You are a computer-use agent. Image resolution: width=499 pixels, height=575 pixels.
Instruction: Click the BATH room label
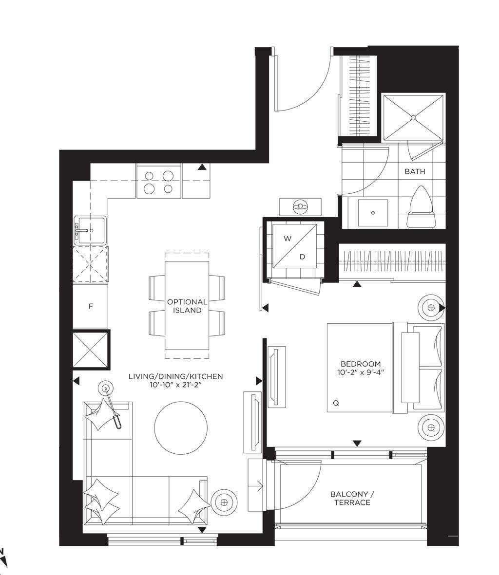coord(415,171)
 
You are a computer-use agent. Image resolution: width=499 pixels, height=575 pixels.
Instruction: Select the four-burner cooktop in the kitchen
coord(159,181)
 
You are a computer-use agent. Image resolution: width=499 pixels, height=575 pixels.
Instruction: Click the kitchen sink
coord(90,230)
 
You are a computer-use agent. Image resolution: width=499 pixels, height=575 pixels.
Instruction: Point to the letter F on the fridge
coord(91,306)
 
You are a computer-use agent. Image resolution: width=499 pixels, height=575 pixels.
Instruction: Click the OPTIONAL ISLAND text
coord(187,306)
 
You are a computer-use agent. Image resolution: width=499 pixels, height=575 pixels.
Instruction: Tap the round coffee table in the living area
coord(181,428)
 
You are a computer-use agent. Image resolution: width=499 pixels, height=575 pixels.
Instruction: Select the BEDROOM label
coord(361,364)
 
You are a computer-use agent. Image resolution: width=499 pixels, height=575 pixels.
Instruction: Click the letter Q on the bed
coord(336,403)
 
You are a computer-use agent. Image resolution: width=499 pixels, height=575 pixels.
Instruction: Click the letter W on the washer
coord(288,239)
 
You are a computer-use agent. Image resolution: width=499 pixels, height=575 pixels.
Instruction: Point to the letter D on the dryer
coord(302,257)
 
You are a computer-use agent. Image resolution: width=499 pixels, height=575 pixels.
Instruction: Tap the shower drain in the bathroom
coord(413,118)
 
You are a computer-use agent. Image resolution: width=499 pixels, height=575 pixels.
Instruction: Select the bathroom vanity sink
coord(373,213)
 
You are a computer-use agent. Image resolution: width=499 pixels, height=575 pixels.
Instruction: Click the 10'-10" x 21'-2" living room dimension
coord(176,384)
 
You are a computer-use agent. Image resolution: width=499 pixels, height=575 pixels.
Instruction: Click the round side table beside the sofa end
coord(224,502)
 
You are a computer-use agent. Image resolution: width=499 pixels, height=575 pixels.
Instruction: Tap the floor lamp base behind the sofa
coord(106,387)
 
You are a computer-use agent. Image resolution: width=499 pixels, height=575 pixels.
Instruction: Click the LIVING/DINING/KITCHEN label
coord(176,376)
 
